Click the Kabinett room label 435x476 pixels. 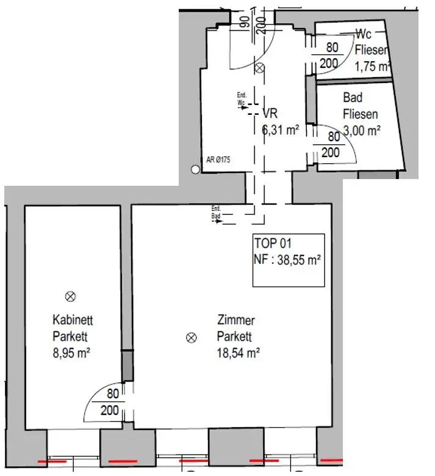tap(73, 320)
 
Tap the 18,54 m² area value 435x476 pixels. tap(239, 352)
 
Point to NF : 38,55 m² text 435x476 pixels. tap(287, 260)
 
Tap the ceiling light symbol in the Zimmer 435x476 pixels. tap(192, 337)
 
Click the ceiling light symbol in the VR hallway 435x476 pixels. tap(260, 68)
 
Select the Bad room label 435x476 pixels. tap(353, 98)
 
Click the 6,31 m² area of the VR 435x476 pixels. tap(279, 129)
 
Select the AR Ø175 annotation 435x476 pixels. tap(218, 160)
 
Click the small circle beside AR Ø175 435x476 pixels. tap(195, 170)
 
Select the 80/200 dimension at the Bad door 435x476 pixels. tap(331, 145)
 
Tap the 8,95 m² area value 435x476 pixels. tap(71, 352)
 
